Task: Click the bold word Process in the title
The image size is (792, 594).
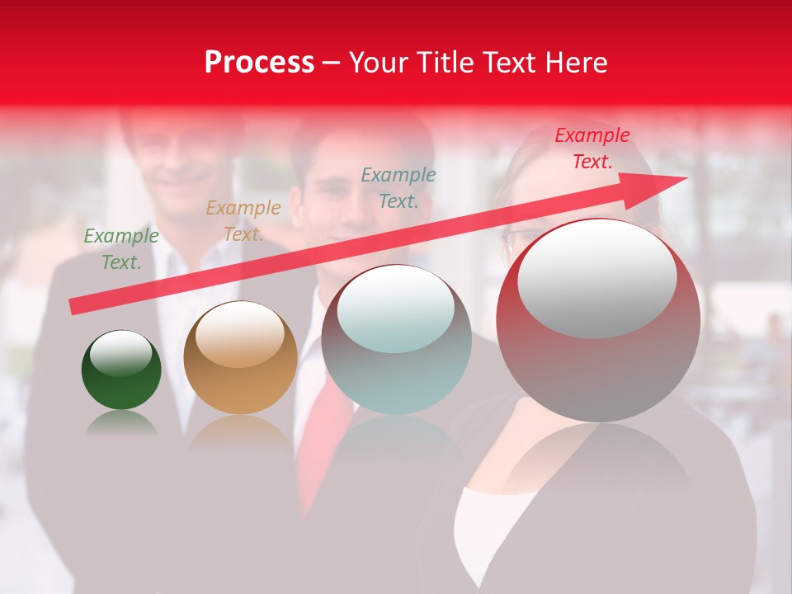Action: point(259,63)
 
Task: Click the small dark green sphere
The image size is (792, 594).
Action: point(121,370)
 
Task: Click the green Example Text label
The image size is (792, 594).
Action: point(121,249)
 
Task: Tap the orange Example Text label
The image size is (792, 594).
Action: point(243,221)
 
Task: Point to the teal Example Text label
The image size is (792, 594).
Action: point(398,187)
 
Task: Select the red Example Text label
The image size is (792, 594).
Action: point(592,148)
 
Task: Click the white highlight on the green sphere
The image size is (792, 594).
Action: point(121,354)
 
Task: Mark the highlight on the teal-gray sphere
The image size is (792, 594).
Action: point(396,309)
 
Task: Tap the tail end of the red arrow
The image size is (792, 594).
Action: point(74,306)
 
